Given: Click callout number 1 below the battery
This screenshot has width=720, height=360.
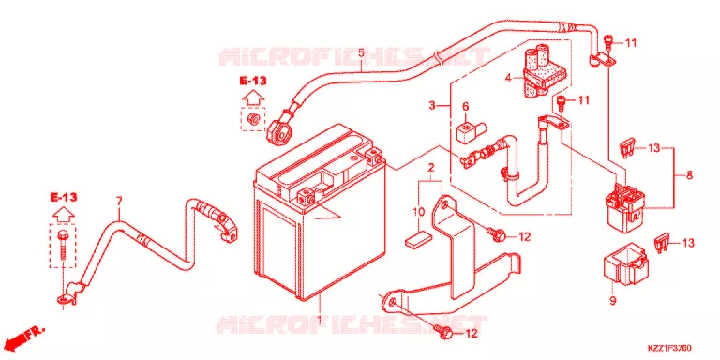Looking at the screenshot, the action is [x=319, y=318].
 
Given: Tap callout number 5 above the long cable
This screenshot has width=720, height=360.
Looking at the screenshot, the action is [x=361, y=52].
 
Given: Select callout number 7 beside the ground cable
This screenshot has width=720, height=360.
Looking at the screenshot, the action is [x=119, y=202].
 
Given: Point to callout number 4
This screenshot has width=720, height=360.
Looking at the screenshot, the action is [x=508, y=78].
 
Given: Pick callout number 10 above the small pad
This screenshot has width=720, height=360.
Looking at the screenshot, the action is [x=418, y=212].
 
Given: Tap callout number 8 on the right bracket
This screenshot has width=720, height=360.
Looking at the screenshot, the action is [x=689, y=175].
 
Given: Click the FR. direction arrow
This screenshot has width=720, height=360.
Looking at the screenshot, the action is [x=26, y=336].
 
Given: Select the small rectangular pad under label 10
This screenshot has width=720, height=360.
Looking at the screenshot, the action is [x=418, y=240].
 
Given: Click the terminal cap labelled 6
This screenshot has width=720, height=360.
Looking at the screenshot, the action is [x=471, y=132].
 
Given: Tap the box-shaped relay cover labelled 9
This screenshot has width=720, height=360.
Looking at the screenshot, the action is [x=625, y=269].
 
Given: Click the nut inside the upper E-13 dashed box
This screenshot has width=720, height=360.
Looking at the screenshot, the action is [x=253, y=118].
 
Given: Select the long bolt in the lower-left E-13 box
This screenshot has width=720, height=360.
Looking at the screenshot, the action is [x=63, y=247].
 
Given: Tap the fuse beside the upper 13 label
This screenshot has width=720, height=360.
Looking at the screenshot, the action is [x=627, y=149].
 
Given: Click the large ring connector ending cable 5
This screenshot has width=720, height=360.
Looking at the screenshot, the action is [x=279, y=132].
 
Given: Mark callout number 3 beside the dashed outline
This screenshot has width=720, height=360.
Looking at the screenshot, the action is [x=431, y=105].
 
